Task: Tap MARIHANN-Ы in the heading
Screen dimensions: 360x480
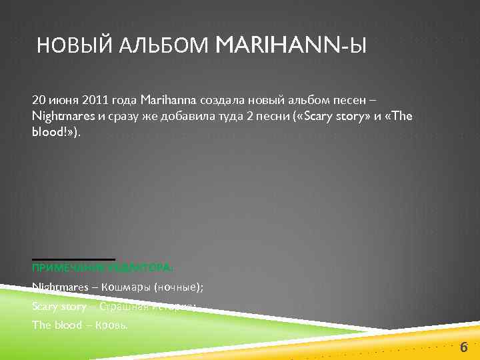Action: [x=291, y=46]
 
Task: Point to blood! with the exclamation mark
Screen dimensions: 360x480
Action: [x=49, y=132]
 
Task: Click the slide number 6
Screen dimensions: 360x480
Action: [x=463, y=347]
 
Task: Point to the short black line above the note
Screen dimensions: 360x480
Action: [x=73, y=259]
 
